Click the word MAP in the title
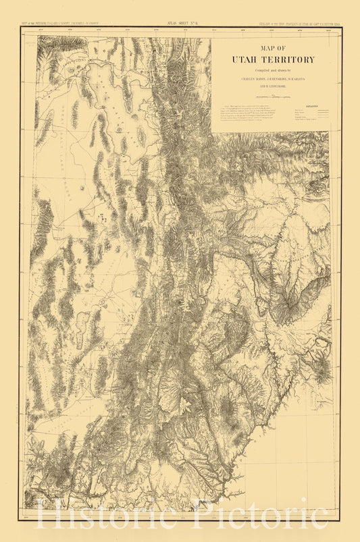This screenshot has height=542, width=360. click(x=261, y=49)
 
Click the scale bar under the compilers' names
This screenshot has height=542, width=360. click(x=270, y=97)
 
